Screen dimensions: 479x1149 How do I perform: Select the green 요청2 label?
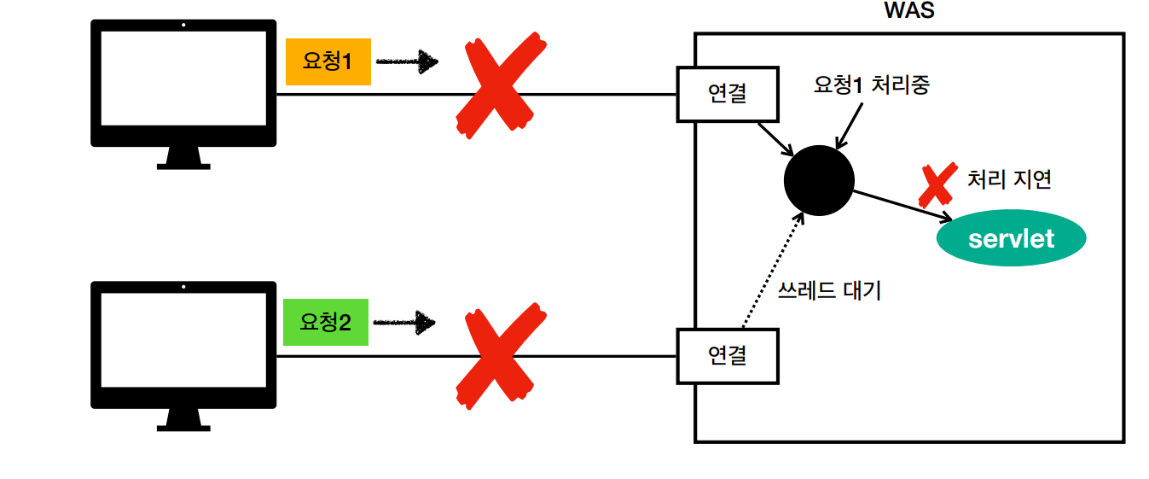(x=326, y=322)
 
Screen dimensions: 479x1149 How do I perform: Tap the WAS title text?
(x=908, y=12)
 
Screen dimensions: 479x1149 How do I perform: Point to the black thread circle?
(x=819, y=179)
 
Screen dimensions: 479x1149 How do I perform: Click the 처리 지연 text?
(x=1009, y=179)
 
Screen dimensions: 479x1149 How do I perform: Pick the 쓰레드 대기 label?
(x=829, y=290)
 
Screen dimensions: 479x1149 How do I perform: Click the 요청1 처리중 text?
(x=871, y=85)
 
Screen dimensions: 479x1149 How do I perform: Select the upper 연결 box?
(x=727, y=94)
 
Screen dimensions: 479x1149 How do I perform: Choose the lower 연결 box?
(x=727, y=355)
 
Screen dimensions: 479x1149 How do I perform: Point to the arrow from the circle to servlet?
(x=902, y=206)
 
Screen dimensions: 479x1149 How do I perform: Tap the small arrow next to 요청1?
(x=407, y=61)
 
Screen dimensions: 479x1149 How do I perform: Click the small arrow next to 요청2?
(x=404, y=323)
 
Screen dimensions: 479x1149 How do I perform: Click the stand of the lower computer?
(x=183, y=417)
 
